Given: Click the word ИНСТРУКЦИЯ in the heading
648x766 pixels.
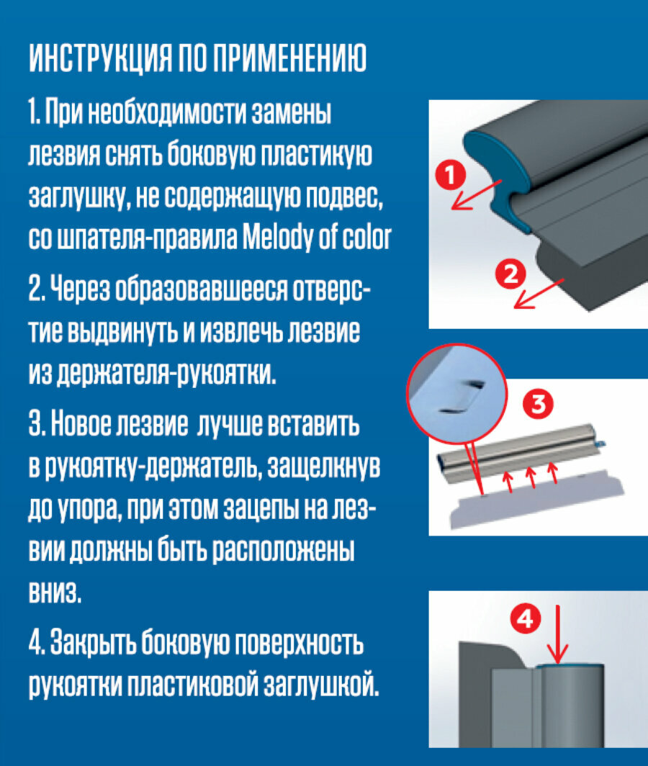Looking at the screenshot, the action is pyautogui.click(x=99, y=58).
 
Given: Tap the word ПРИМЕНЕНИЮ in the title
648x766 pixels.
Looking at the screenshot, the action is pyautogui.click(x=292, y=58).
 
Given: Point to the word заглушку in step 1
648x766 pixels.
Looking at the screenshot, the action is pyautogui.click(x=78, y=197).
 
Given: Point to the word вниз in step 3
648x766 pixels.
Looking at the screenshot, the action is pyautogui.click(x=55, y=592).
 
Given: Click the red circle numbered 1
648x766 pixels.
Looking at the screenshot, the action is pyautogui.click(x=451, y=176).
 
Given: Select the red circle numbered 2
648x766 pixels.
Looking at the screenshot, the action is pyautogui.click(x=510, y=274).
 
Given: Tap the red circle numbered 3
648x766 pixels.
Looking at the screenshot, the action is pyautogui.click(x=538, y=404).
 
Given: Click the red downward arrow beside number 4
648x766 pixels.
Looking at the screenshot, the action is pyautogui.click(x=557, y=634).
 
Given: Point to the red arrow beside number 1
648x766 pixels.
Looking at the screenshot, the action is pyautogui.click(x=477, y=194).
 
